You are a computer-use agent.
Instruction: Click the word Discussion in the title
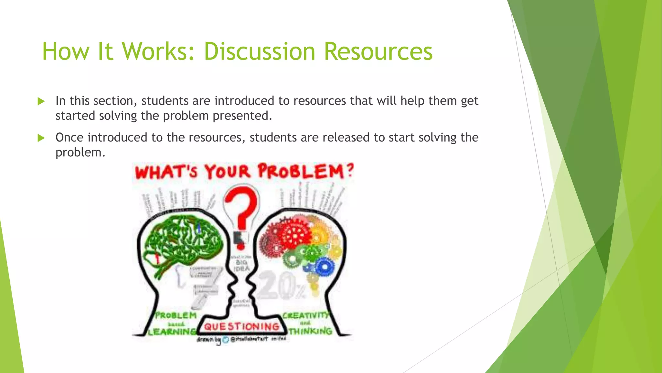click(x=259, y=51)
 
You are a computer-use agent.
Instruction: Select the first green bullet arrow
click(x=41, y=101)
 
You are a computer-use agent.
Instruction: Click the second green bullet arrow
click(x=41, y=138)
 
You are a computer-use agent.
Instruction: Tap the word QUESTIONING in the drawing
click(x=241, y=327)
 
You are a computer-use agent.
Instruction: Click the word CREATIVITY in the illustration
click(x=305, y=315)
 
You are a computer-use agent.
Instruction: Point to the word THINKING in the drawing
click(x=310, y=331)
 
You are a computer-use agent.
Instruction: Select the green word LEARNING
click(x=172, y=332)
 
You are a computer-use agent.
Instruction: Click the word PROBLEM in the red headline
click(x=301, y=171)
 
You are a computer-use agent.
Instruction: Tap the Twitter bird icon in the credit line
click(x=226, y=340)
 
